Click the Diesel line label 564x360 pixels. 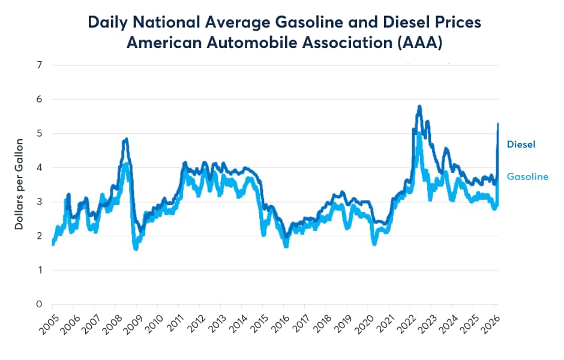521,144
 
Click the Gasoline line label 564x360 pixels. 527,176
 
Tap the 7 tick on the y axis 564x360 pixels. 39,65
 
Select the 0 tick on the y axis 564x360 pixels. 39,305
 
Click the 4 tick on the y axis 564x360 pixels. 39,168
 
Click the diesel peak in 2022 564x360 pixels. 419,107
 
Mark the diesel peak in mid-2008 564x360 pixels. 125,140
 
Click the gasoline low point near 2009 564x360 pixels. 136,248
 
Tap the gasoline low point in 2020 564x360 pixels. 375,243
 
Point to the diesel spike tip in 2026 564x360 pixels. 498,124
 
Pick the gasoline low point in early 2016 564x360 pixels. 286,245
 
